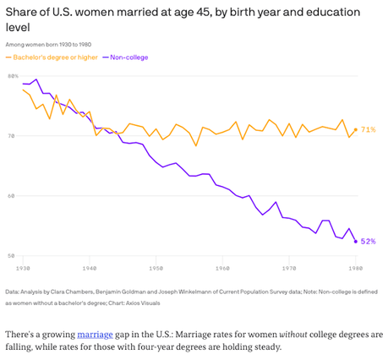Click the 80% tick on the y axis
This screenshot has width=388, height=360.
pyautogui.click(x=13, y=76)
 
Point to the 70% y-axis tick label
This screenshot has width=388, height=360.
pyautogui.click(x=13, y=135)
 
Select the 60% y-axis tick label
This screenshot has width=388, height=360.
pyautogui.click(x=13, y=195)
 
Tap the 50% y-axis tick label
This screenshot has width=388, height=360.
pyautogui.click(x=13, y=255)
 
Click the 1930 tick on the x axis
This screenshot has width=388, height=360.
pyautogui.click(x=23, y=268)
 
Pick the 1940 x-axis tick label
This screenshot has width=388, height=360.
pyautogui.click(x=90, y=268)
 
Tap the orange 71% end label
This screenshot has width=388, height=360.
pyautogui.click(x=369, y=130)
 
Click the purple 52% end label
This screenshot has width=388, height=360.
pyautogui.click(x=369, y=241)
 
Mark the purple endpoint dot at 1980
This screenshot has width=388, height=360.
pyautogui.click(x=355, y=241)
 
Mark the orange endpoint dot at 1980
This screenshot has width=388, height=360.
pyautogui.click(x=355, y=129)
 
